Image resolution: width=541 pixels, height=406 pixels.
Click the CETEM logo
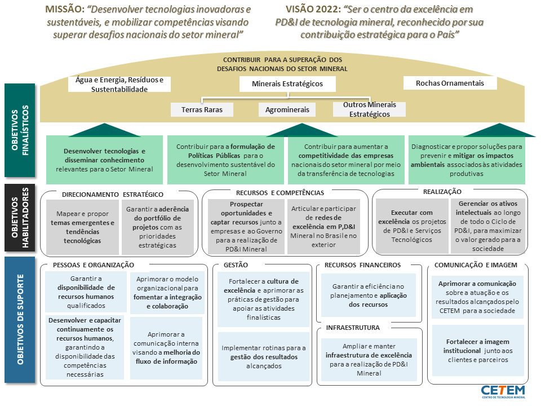click(503, 391)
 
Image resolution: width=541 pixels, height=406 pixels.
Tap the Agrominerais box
click(287, 110)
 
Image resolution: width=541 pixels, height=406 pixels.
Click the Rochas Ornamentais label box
click(450, 83)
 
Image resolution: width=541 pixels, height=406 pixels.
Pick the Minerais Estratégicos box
click(287, 84)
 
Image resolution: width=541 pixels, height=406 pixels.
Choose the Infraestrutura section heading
click(353, 328)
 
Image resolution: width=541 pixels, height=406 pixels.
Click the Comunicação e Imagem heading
click(476, 265)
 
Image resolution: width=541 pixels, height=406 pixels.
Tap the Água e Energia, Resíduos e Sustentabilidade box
click(119, 84)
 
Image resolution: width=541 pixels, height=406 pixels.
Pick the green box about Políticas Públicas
click(225, 160)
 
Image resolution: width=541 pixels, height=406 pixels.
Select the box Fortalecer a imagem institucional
click(478, 351)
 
